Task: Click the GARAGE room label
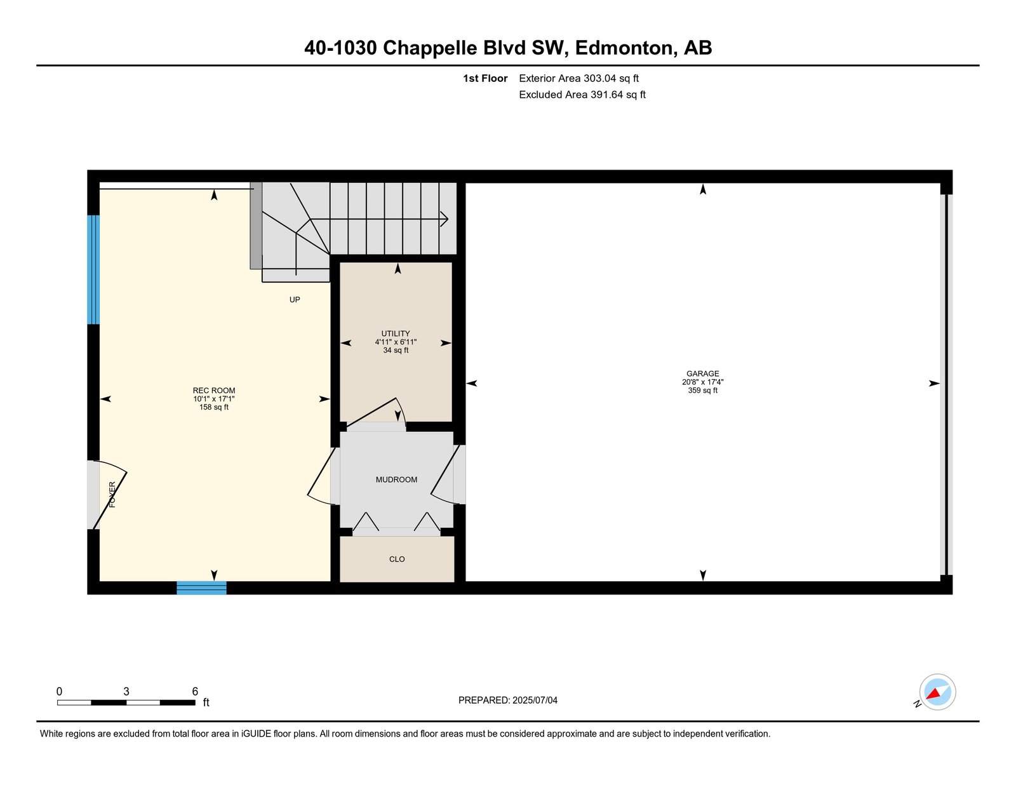coord(702,373)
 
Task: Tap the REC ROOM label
coord(213,391)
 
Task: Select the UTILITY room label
coord(396,333)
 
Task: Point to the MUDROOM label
coord(396,480)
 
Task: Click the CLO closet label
coord(397,559)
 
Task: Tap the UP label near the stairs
coord(295,300)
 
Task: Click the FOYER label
coord(112,495)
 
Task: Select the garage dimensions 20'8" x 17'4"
coord(702,382)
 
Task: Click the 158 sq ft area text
coord(213,407)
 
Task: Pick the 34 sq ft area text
coord(396,350)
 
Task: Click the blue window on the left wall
coord(93,269)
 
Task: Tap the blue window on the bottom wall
coord(201,587)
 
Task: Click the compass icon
coord(937,692)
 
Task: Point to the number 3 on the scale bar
coord(126,692)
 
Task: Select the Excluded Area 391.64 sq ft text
coord(582,95)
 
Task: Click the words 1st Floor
coord(485,79)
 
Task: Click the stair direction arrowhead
coord(444,219)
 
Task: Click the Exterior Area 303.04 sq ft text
coord(579,79)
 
